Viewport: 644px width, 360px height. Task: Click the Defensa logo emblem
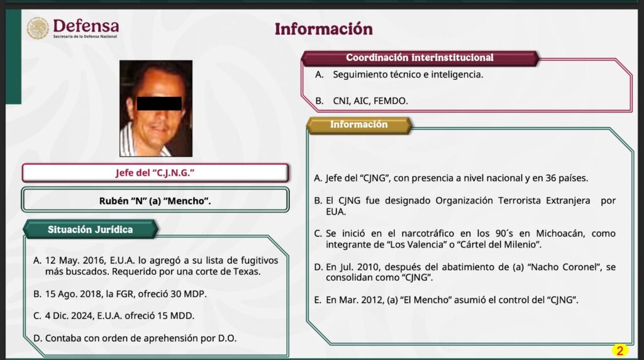click(37, 28)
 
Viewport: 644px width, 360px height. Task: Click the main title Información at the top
click(324, 29)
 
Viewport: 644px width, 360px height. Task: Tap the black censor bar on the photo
click(159, 104)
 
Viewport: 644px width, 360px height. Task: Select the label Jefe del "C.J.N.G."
click(155, 173)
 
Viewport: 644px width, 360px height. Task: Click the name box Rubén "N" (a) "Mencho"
click(155, 201)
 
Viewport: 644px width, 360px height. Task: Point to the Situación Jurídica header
click(91, 229)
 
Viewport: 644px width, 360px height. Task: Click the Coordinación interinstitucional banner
click(419, 57)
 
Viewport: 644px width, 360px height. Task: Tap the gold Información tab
click(359, 125)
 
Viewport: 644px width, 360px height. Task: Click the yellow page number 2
click(619, 350)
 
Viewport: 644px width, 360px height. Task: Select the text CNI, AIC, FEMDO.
click(370, 101)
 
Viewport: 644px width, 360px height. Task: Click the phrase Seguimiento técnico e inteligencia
click(408, 74)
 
